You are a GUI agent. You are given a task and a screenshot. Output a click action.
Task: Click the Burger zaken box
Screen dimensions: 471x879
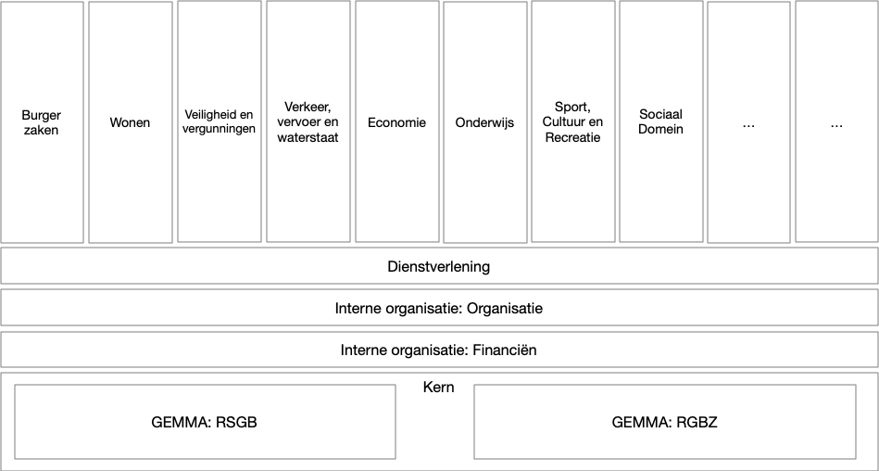(42, 121)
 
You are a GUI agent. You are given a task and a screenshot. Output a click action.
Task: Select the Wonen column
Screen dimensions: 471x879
(130, 121)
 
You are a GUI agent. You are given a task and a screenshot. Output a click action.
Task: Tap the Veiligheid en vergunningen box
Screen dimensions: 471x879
(219, 121)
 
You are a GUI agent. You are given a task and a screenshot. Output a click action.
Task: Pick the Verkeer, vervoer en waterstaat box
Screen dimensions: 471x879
(308, 121)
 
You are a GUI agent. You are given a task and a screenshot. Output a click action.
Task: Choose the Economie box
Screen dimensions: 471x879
(396, 121)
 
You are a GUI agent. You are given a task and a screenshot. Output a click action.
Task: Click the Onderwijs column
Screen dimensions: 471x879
(484, 121)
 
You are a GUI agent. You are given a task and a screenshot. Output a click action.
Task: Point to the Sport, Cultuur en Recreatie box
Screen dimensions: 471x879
(572, 121)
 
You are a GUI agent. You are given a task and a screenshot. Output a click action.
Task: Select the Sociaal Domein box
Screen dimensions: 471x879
(660, 121)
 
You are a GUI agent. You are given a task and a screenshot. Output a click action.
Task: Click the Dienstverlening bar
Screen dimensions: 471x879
(439, 266)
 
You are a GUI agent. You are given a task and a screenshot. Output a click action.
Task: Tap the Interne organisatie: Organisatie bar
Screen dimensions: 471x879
(439, 308)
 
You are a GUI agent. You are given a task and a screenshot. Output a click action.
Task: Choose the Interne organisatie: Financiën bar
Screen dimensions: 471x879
(439, 350)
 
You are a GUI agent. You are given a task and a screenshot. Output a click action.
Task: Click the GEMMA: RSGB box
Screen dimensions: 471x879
(205, 422)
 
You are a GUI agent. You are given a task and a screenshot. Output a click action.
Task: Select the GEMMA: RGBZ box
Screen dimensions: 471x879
(665, 422)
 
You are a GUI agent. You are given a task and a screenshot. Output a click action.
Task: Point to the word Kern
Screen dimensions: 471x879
(439, 387)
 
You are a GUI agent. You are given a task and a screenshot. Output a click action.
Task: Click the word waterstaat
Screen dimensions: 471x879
(308, 137)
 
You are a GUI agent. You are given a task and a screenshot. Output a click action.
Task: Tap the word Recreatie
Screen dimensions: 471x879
(572, 137)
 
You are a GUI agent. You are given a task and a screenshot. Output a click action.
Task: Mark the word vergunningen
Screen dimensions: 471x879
(220, 129)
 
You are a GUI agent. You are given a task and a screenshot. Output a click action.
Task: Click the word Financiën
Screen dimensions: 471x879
(505, 350)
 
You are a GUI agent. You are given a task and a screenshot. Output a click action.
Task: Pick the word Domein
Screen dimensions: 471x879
(660, 129)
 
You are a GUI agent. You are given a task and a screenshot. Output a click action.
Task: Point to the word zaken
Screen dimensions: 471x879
(42, 130)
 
